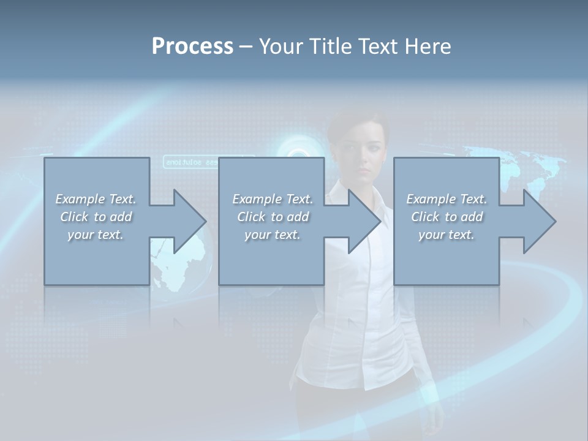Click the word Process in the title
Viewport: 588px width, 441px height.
tap(192, 47)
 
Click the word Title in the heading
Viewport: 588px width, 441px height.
tap(327, 47)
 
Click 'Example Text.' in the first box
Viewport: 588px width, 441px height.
tap(96, 199)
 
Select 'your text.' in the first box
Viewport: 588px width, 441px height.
tap(96, 235)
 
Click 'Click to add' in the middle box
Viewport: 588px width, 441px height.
tap(273, 217)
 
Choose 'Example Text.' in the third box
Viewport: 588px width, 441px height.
tap(447, 199)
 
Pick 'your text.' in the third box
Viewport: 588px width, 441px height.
tap(447, 235)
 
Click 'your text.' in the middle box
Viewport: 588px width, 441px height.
tap(273, 235)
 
